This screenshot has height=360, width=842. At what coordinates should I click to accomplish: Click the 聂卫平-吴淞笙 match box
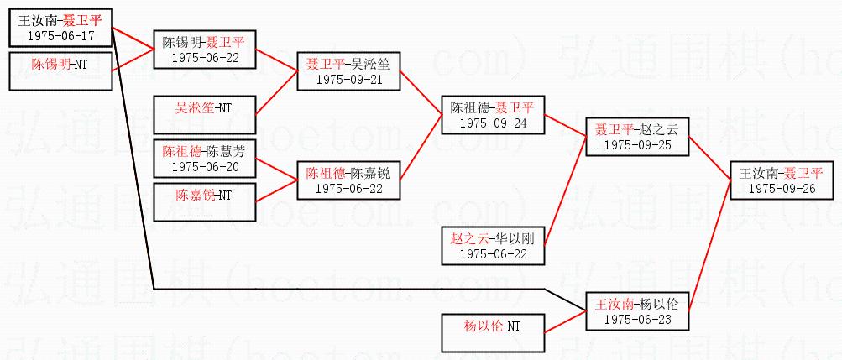tap(348, 70)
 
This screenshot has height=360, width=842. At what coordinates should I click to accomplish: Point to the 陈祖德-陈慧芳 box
tap(204, 159)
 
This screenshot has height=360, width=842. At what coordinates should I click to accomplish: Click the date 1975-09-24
tap(492, 123)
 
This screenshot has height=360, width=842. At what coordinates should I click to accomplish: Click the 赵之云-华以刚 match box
tap(492, 246)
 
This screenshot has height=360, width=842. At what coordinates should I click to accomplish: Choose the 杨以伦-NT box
tap(492, 332)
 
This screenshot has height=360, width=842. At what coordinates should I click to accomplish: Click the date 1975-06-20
tap(204, 166)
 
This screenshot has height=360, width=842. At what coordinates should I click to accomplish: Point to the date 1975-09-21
tap(348, 78)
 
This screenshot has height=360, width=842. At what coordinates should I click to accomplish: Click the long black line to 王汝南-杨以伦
tap(336, 290)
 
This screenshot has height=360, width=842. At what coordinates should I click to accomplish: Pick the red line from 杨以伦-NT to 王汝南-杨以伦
tap(565, 321)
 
